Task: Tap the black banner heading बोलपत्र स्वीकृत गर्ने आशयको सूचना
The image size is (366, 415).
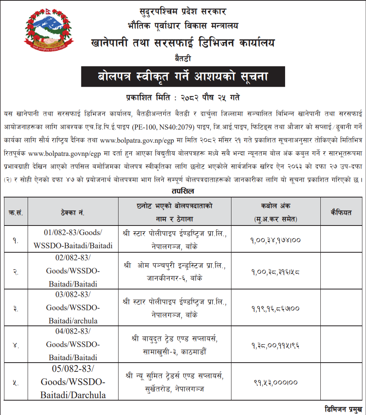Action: [x=183, y=76]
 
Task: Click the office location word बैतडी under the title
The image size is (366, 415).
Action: [x=183, y=59]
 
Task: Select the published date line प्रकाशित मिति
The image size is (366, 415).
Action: [x=183, y=97]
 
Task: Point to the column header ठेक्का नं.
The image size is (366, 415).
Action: [x=73, y=212]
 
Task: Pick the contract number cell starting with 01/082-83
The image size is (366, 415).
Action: [x=73, y=239]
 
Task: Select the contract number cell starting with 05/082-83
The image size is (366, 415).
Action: [x=73, y=381]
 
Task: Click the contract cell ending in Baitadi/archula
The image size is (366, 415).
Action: [x=73, y=308]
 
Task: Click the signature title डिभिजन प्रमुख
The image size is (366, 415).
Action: [x=344, y=409]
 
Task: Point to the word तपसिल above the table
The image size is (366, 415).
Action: [x=183, y=191]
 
